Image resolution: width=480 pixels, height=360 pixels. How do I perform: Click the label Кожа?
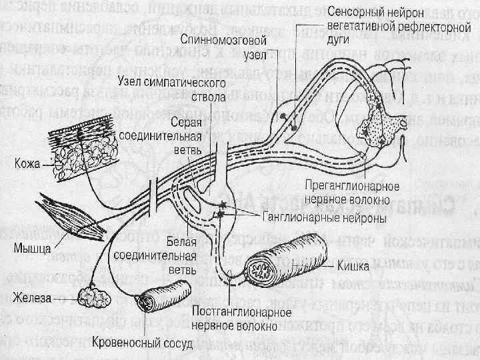(x=28, y=163)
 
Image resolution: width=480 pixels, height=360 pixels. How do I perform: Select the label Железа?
(x=33, y=299)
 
